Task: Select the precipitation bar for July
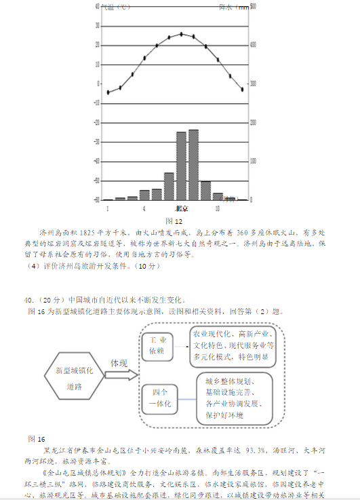181,166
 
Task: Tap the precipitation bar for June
169,186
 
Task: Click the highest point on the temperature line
181,34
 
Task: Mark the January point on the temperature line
108,92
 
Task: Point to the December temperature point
242,89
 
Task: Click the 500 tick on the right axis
253,7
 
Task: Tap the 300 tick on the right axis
253,84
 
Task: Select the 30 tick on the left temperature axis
98,26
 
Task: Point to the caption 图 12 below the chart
174,221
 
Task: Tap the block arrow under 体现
123,374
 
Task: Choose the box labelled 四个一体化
161,398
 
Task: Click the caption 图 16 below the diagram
37,438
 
